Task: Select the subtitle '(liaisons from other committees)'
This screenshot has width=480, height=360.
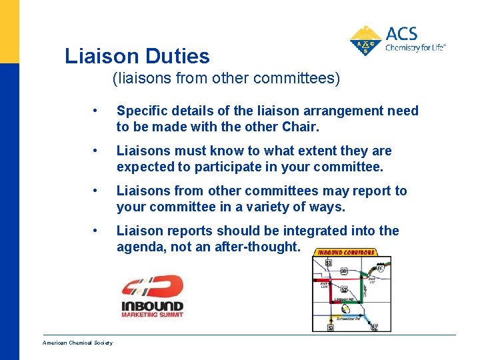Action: [226, 79]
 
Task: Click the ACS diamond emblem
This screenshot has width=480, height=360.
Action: [365, 41]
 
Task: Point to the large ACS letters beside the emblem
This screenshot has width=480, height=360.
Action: [402, 33]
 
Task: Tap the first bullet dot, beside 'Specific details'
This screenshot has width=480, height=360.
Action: [97, 111]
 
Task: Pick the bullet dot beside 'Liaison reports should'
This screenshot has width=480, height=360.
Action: [97, 231]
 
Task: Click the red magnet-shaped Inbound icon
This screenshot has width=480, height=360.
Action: [151, 287]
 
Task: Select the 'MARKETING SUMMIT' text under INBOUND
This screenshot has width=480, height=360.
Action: [151, 315]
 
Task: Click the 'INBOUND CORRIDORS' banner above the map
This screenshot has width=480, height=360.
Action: [345, 253]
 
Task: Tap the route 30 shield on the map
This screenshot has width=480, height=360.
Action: [343, 271]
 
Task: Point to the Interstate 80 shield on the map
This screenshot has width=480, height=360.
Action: [380, 268]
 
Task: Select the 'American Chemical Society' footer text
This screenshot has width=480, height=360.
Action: [77, 343]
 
